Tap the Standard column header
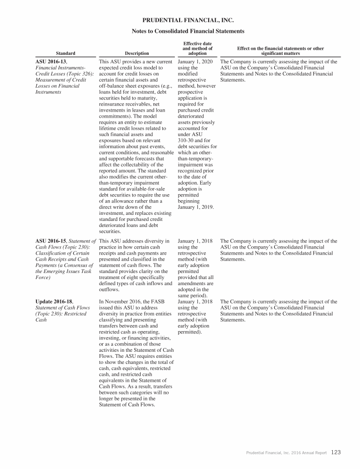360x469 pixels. tap(66, 53)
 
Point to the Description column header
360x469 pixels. tap(137, 53)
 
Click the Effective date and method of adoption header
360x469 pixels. tap(197, 48)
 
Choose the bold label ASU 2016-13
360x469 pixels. tap(51, 61)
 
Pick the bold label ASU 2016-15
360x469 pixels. tap(51, 242)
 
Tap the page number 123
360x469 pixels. tap(336, 453)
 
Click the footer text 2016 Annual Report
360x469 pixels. tap(309, 453)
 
